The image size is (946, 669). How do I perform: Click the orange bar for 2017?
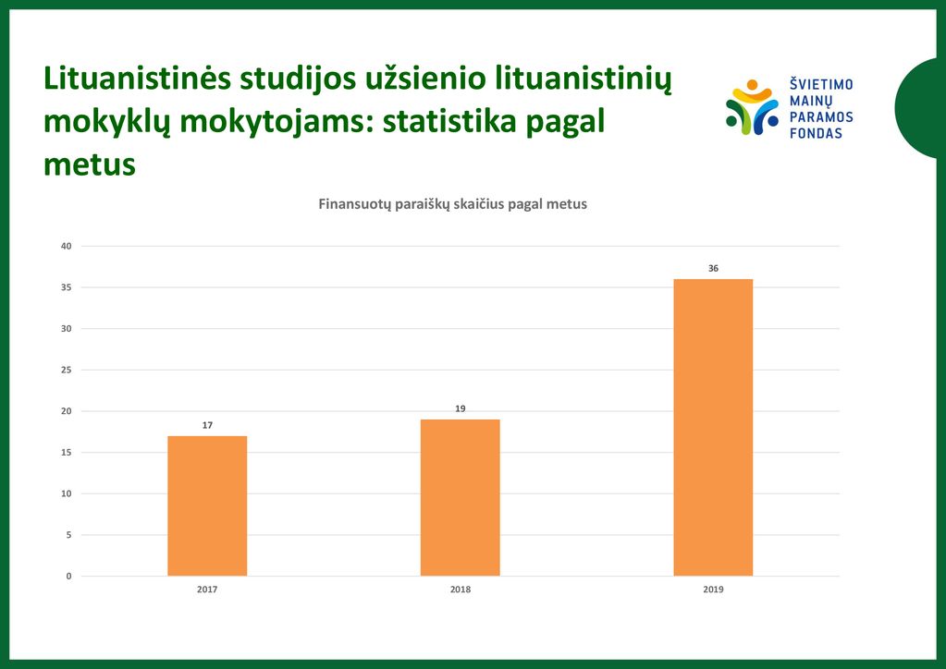(207, 505)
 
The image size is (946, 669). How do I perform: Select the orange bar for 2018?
(461, 498)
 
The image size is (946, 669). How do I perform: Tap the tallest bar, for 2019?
(713, 427)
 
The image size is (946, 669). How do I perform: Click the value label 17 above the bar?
(207, 425)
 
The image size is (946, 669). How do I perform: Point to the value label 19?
(461, 408)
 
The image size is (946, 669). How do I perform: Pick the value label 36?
(713, 268)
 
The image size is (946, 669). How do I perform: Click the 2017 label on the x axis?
(207, 590)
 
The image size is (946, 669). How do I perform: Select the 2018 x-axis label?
(461, 590)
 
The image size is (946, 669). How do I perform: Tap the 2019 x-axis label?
(713, 590)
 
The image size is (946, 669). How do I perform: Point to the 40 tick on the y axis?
(66, 246)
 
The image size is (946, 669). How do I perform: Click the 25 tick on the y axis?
(66, 370)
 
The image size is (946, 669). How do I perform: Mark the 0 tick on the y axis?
(68, 577)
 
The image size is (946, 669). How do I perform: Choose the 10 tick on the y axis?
(66, 493)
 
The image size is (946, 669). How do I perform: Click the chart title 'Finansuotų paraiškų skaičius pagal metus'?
(452, 204)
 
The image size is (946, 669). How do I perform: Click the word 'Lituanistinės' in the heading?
(137, 79)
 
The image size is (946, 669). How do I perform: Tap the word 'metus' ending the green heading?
(90, 164)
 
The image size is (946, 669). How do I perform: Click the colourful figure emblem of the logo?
(753, 107)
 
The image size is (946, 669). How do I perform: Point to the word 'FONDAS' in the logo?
(816, 133)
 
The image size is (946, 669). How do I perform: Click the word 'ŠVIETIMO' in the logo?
(821, 84)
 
